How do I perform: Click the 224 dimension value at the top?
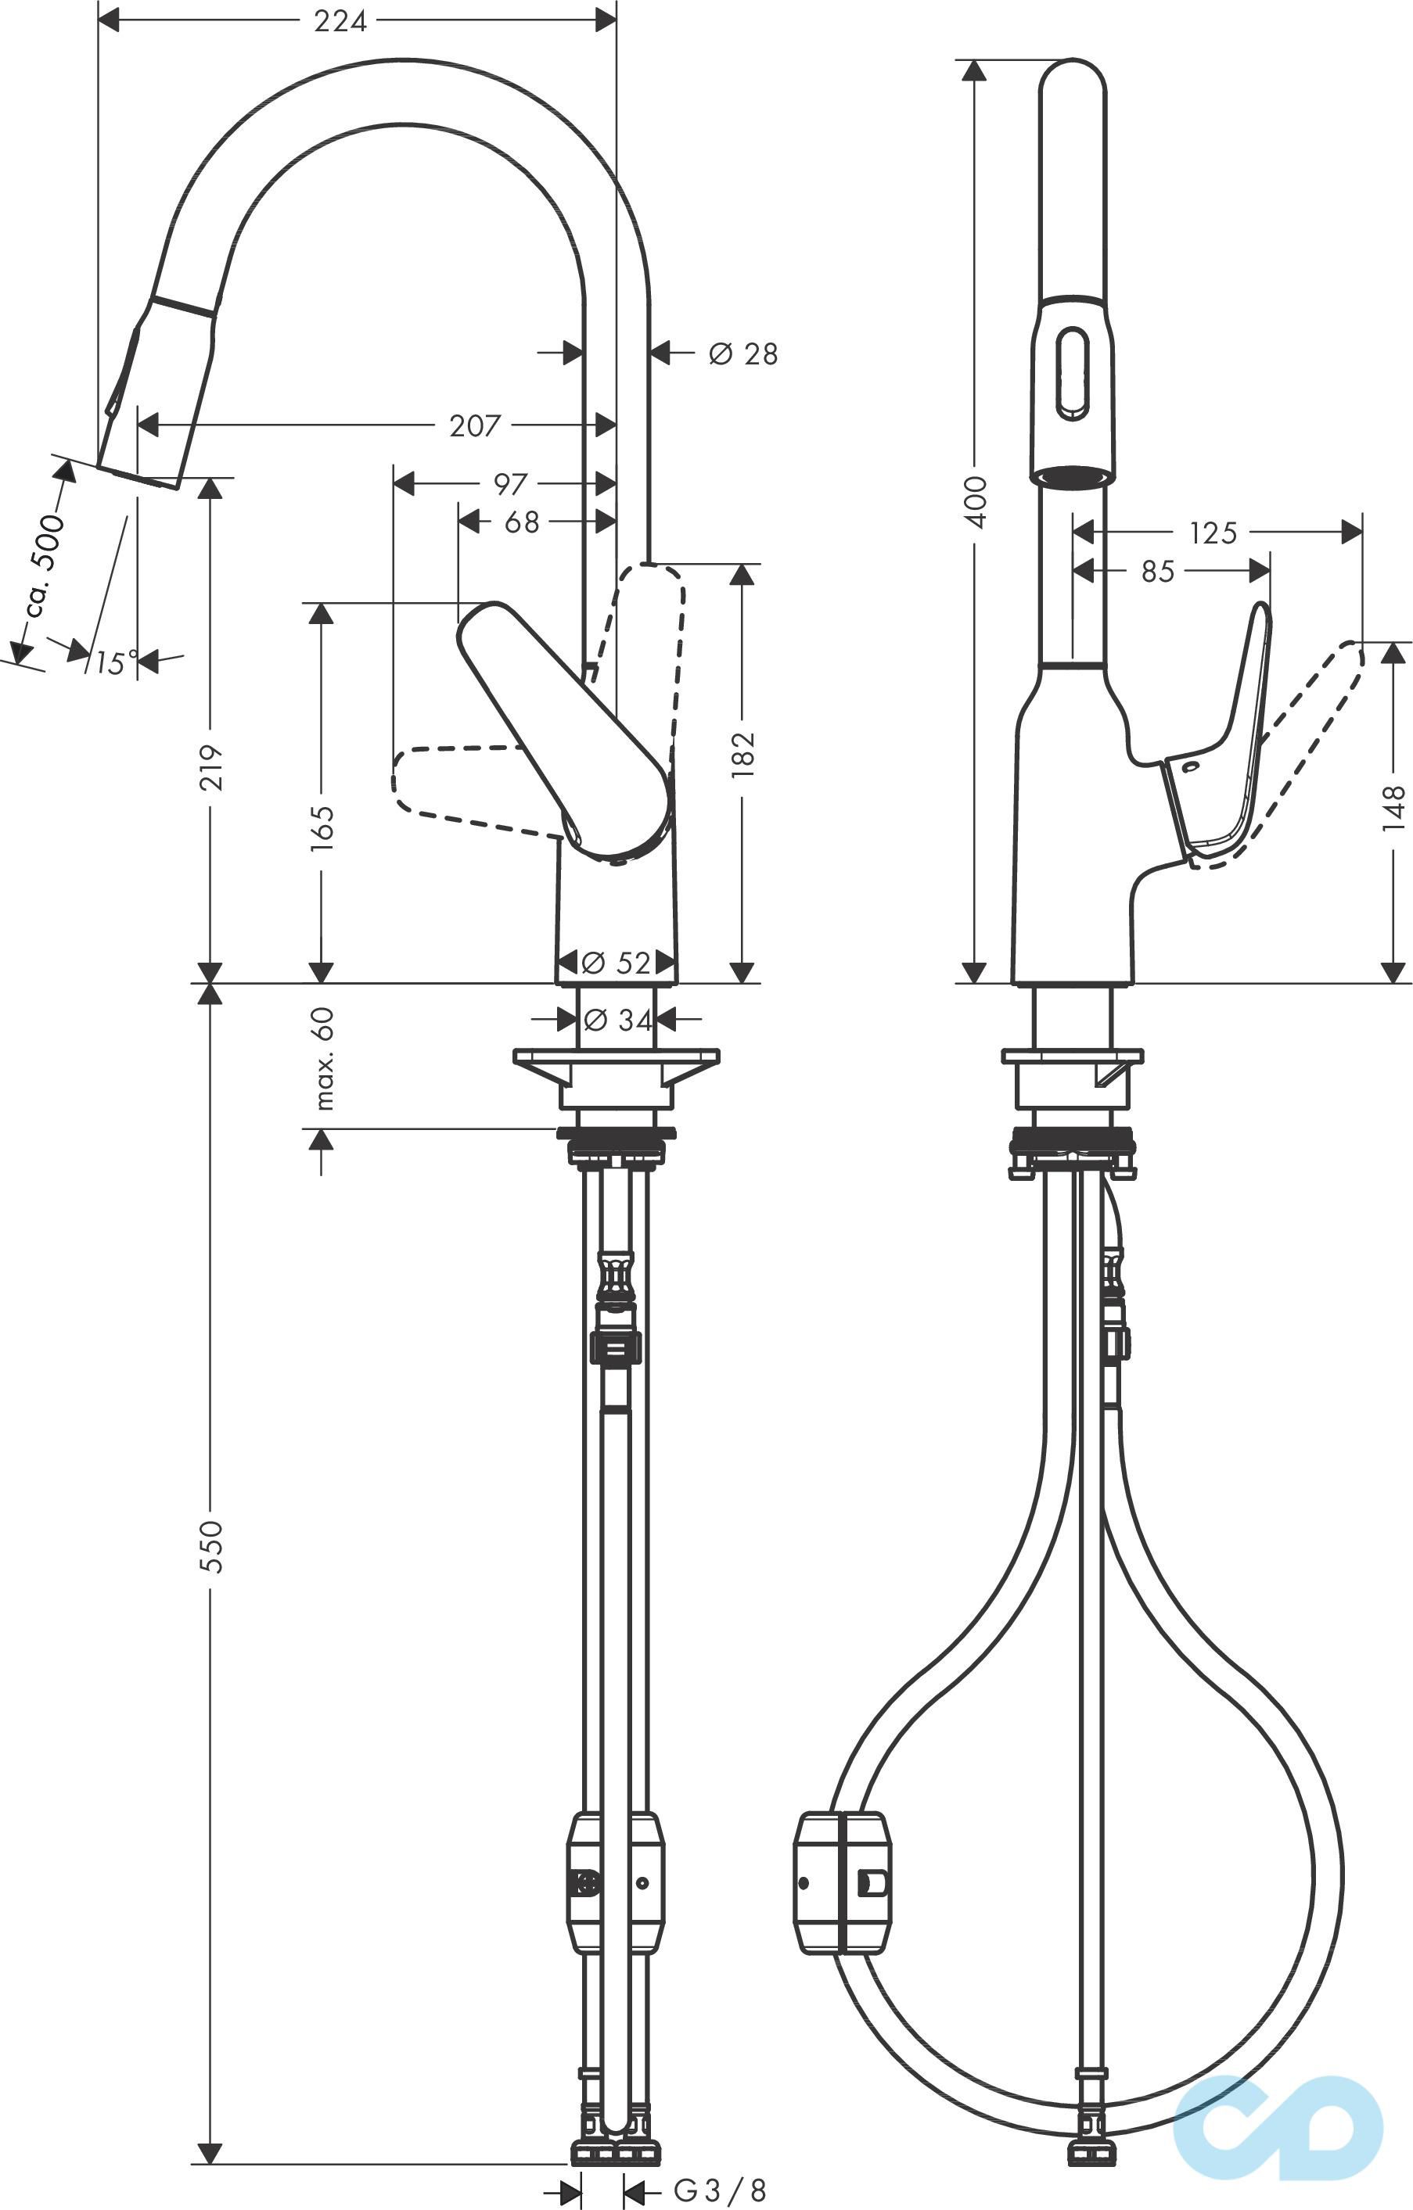(x=340, y=20)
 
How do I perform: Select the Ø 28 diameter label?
(x=742, y=353)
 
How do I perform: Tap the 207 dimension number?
(x=475, y=426)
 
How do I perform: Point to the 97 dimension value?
(x=510, y=483)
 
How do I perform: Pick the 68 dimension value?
(x=522, y=522)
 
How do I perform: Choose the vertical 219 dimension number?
(x=211, y=767)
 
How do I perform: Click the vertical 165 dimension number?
(x=322, y=828)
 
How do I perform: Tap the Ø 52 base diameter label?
(x=617, y=963)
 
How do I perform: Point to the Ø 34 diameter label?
(x=617, y=1020)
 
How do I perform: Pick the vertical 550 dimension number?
(x=211, y=1546)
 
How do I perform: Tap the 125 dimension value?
(x=1213, y=533)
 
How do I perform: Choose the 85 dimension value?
(x=1158, y=572)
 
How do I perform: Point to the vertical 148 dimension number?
(x=1393, y=808)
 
